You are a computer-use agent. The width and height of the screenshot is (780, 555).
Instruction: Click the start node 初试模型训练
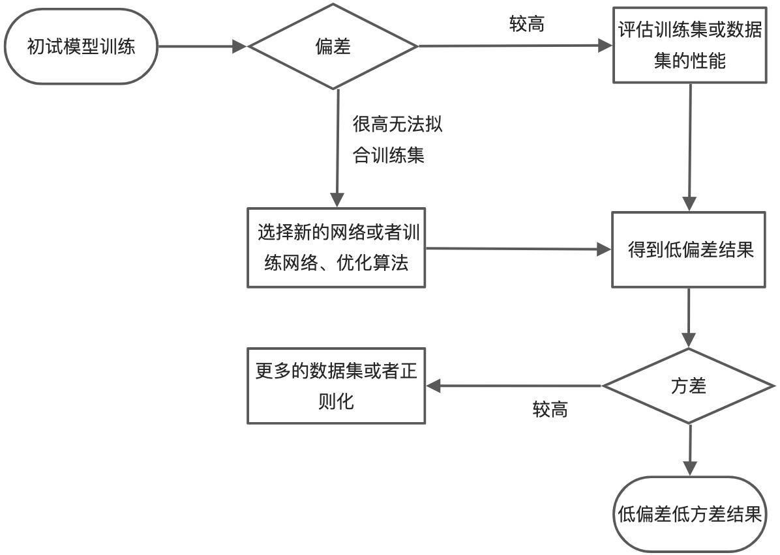(81, 47)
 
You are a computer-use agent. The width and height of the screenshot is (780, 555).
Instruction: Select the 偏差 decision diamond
(333, 47)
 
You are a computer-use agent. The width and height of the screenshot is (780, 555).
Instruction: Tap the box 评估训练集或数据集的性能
(689, 46)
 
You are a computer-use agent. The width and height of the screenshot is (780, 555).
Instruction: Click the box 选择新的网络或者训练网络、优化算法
(337, 248)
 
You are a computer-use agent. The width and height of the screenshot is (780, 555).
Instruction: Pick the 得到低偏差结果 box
(689, 249)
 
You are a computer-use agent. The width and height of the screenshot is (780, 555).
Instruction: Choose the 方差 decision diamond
(689, 386)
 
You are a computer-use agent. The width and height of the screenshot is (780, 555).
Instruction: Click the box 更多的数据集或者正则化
(337, 386)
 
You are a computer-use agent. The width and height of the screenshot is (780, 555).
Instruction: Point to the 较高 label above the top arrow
(527, 25)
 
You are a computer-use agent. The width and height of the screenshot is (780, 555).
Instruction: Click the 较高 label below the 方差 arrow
(550, 410)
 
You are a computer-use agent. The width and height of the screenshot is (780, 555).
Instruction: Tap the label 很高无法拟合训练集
(397, 140)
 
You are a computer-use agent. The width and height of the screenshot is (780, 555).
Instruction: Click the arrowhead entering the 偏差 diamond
(240, 47)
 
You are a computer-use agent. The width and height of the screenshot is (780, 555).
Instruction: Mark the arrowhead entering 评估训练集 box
(606, 46)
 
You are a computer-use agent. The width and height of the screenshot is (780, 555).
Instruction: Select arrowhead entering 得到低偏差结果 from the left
(604, 249)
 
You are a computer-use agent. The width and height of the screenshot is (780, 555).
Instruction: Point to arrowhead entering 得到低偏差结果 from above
(690, 203)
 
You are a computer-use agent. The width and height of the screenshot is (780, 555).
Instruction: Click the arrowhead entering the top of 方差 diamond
(689, 341)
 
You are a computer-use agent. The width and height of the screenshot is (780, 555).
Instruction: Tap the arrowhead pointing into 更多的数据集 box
(434, 386)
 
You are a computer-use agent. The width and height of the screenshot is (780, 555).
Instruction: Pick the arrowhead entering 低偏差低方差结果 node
(689, 468)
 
